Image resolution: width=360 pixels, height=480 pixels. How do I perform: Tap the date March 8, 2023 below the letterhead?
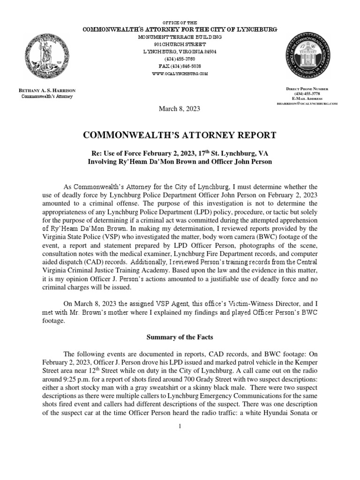[180, 109]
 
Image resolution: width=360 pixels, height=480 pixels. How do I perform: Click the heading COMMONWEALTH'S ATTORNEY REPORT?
[180, 135]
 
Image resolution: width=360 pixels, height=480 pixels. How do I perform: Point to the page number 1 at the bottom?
[180, 426]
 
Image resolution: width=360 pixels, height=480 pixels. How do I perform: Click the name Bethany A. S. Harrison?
[46, 90]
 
